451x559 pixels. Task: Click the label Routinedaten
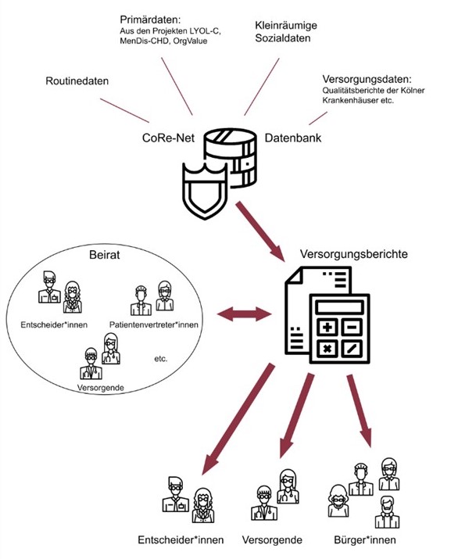[77, 81]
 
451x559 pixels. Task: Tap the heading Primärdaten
[150, 20]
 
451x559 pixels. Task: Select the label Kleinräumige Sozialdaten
[286, 32]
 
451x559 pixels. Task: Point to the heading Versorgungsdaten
[367, 79]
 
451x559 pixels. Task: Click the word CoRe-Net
[168, 138]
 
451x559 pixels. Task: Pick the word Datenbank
[292, 138]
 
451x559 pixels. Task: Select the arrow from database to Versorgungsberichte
[260, 231]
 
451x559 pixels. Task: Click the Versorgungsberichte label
[353, 254]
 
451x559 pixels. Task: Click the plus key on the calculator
[327, 327]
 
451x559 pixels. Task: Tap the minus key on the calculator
[353, 327]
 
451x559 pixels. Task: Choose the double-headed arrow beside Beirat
[244, 314]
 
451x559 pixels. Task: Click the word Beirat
[105, 255]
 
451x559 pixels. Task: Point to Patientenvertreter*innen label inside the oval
[154, 324]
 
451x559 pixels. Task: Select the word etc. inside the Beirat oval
[161, 359]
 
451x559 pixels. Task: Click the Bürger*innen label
[365, 539]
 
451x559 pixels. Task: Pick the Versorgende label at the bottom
[272, 539]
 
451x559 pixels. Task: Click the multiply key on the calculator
[327, 349]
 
